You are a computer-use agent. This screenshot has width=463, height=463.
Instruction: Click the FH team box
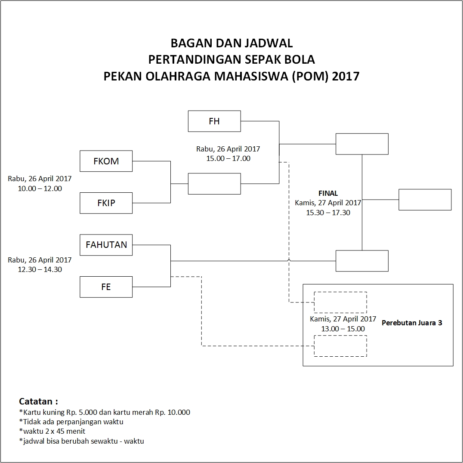[214, 121]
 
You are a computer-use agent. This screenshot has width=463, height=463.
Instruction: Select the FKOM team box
[106, 161]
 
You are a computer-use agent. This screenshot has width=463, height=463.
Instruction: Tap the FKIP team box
[106, 203]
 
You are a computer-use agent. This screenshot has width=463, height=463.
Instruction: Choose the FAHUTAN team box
[106, 245]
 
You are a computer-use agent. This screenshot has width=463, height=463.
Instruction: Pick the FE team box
[106, 287]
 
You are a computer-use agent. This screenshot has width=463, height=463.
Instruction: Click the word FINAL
[328, 193]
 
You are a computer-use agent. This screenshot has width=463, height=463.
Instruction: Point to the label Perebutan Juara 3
[412, 323]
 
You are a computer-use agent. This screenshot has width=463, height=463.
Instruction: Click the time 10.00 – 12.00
[40, 188]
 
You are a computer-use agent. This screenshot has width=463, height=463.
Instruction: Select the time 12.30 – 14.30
[40, 269]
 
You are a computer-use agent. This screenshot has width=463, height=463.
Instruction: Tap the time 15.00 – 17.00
[228, 158]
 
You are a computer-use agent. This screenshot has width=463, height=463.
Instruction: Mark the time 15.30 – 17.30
[328, 213]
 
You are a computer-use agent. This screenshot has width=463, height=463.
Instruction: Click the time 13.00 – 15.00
[343, 329]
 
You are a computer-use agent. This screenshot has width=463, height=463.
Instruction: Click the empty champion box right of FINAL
[425, 200]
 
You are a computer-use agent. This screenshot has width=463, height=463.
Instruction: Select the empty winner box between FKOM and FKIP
[214, 184]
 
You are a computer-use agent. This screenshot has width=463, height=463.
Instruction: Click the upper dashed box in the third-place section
[340, 302]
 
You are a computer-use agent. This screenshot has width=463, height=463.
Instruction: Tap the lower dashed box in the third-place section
[340, 346]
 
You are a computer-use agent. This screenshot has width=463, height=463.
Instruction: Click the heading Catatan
[38, 401]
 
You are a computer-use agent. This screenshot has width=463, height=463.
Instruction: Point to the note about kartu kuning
[105, 412]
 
